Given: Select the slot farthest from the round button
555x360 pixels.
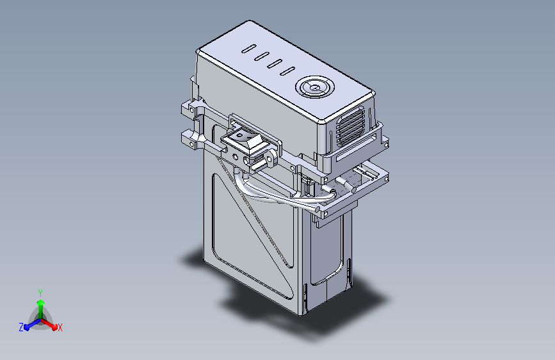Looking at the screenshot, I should tap(248, 48).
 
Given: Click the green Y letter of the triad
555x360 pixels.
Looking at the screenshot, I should tap(40, 292).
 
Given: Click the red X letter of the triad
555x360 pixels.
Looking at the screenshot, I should tap(60, 327).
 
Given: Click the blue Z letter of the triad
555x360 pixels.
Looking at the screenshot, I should tap(21, 327).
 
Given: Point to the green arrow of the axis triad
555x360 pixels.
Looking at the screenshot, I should tap(40, 304).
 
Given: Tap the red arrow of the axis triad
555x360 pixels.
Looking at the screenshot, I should tap(52, 323).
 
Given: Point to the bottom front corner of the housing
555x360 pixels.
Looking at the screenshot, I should tap(301, 313).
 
